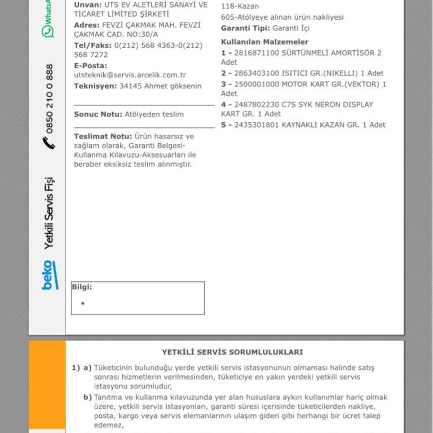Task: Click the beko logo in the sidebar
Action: point(50,275)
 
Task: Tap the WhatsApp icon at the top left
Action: point(49,30)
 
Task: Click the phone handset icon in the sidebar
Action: point(49,142)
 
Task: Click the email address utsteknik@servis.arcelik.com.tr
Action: point(130,75)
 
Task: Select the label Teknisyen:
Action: point(95,86)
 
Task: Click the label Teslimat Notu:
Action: point(103,136)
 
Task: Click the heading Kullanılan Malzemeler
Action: point(264,42)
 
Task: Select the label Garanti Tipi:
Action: point(245,28)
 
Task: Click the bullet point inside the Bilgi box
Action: point(83,303)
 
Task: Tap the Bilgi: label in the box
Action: point(82,287)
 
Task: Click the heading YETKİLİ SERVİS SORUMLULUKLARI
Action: point(232,352)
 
